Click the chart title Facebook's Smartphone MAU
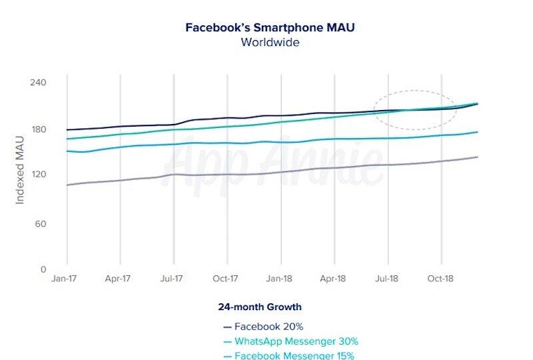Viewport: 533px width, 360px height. (270, 28)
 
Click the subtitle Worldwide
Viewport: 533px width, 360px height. (270, 43)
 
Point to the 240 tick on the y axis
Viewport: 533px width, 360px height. (37, 83)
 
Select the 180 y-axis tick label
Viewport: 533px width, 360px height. (37, 129)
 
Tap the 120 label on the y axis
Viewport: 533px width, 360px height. (37, 175)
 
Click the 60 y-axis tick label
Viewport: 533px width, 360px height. (39, 223)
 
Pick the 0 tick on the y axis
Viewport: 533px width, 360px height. (43, 269)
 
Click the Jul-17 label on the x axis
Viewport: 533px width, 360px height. (173, 279)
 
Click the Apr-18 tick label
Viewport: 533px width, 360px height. (334, 279)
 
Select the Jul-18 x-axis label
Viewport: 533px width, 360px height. (387, 279)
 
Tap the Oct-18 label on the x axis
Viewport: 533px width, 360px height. (440, 279)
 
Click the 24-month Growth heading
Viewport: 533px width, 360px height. (260, 307)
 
